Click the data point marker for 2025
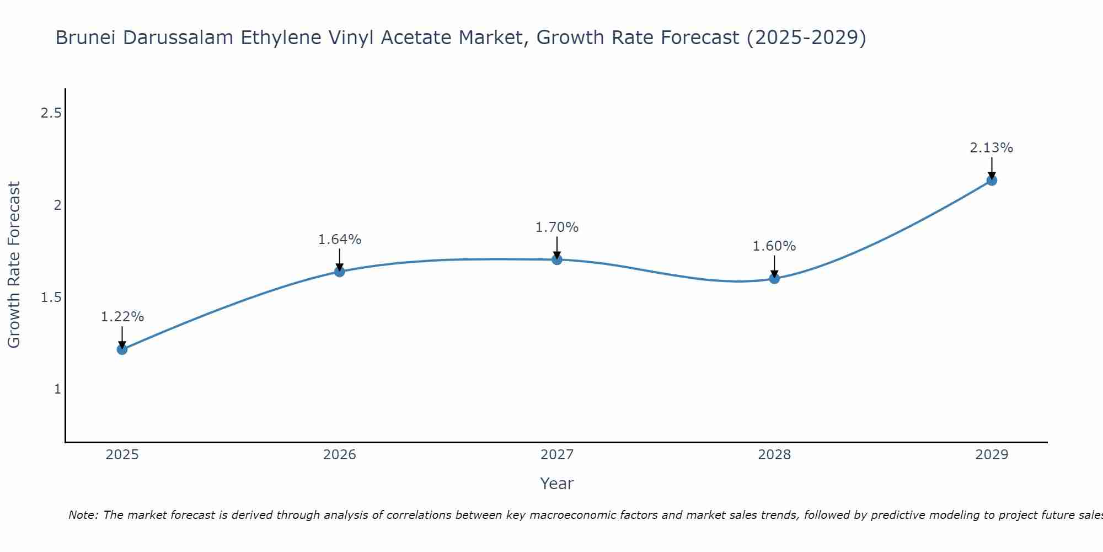[x=122, y=349]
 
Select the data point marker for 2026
[x=339, y=272]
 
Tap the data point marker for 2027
[x=557, y=259]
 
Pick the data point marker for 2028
[x=774, y=278]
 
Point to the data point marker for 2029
[x=992, y=180]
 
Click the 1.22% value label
[x=122, y=317]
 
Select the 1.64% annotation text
[x=339, y=240]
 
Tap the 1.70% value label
[x=557, y=227]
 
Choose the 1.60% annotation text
[x=774, y=246]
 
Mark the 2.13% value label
[x=992, y=148]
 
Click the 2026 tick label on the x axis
[x=339, y=455]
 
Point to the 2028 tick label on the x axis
[x=774, y=455]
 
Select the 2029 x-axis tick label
[x=992, y=455]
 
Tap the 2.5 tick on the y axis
[x=51, y=113]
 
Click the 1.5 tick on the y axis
[x=51, y=298]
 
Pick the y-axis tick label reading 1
[x=57, y=389]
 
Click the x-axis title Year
[x=557, y=484]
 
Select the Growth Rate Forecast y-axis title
[x=14, y=265]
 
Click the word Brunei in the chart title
[x=85, y=38]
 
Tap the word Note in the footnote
[x=83, y=515]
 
